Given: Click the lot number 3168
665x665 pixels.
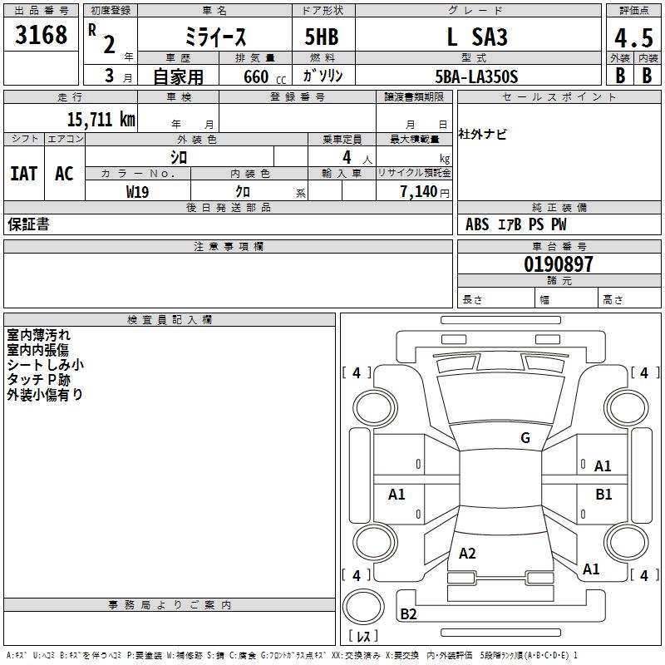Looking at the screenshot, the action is [41, 37].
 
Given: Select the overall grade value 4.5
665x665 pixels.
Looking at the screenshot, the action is [633, 38].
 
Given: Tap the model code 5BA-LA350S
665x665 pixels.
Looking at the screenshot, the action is [476, 76].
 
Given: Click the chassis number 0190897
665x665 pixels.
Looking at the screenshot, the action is [559, 265].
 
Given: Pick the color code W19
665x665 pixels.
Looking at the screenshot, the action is [138, 191].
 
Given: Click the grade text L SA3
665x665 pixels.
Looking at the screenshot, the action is [476, 37].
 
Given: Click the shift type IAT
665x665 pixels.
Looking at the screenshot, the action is [23, 174].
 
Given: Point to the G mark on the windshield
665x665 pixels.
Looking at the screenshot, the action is [525, 438].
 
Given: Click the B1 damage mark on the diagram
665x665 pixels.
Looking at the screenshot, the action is [603, 494].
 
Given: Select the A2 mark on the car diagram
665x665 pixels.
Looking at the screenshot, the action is [467, 554].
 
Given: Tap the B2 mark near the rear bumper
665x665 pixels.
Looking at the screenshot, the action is [409, 614].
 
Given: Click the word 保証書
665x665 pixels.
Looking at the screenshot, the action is [28, 224].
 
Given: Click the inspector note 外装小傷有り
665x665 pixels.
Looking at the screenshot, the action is [45, 395].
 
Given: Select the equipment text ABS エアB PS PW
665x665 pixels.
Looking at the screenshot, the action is [516, 224].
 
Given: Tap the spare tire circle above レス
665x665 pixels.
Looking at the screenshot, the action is [362, 606].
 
